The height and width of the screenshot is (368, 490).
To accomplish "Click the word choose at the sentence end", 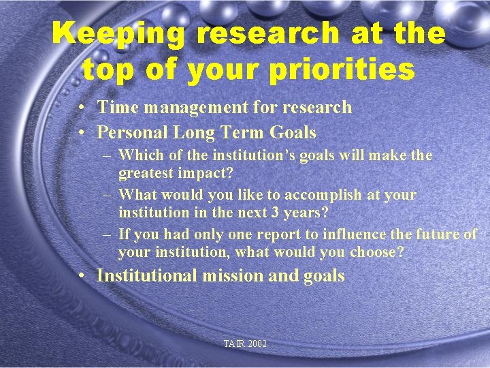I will pyautogui.click(x=376, y=252).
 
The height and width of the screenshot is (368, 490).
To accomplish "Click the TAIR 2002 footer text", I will pyautogui.click(x=245, y=344).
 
